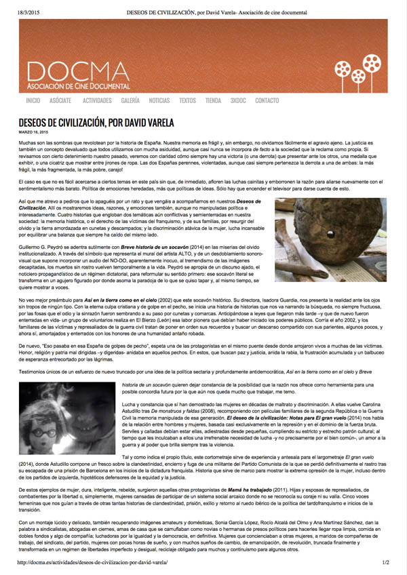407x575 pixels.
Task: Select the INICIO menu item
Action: click(x=33, y=100)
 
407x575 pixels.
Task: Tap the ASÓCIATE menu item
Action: click(x=60, y=100)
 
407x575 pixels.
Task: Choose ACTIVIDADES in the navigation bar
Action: click(x=97, y=100)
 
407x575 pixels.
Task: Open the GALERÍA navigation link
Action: click(x=130, y=100)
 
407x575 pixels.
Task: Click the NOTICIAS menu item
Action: click(x=159, y=100)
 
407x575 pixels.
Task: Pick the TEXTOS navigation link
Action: click(x=187, y=100)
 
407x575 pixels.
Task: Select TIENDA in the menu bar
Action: click(x=213, y=100)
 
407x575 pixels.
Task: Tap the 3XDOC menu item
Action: click(x=237, y=100)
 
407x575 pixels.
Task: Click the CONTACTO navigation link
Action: click(x=267, y=100)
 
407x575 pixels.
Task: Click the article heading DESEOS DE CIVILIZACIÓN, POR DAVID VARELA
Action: click(x=96, y=123)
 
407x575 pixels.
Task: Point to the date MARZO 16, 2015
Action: click(x=33, y=132)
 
